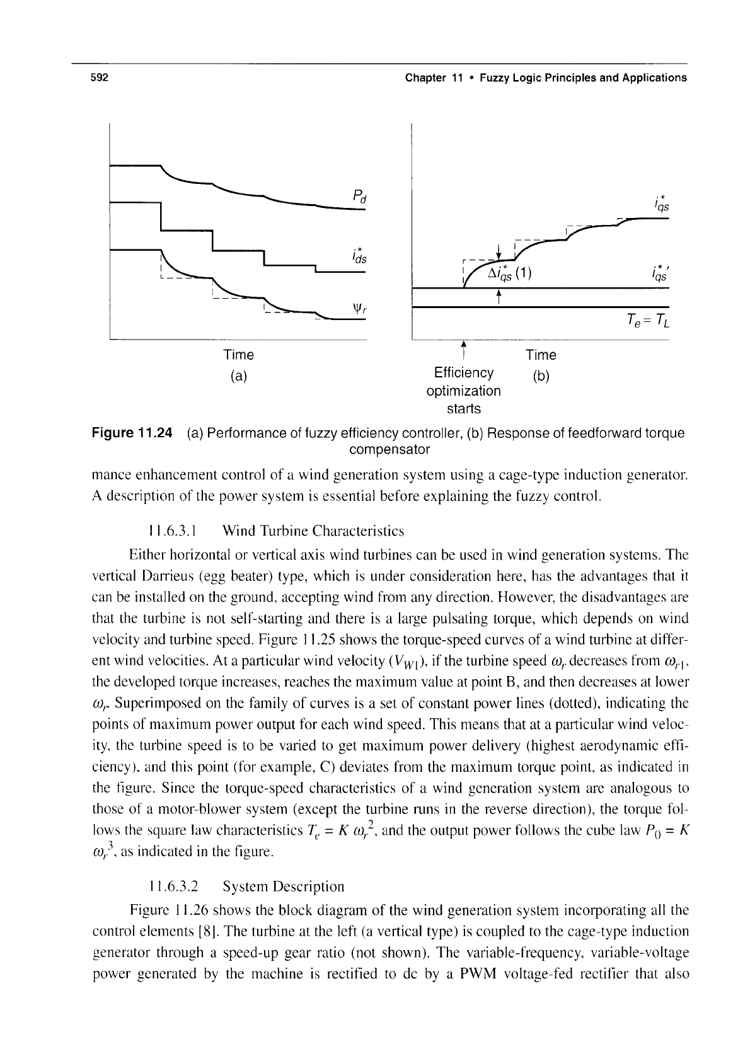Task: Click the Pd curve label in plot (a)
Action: point(360,197)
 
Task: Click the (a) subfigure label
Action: point(238,377)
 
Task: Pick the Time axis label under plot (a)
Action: point(238,355)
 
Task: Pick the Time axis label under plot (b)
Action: point(541,355)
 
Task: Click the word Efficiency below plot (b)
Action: point(463,372)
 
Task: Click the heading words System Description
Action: point(284,886)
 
